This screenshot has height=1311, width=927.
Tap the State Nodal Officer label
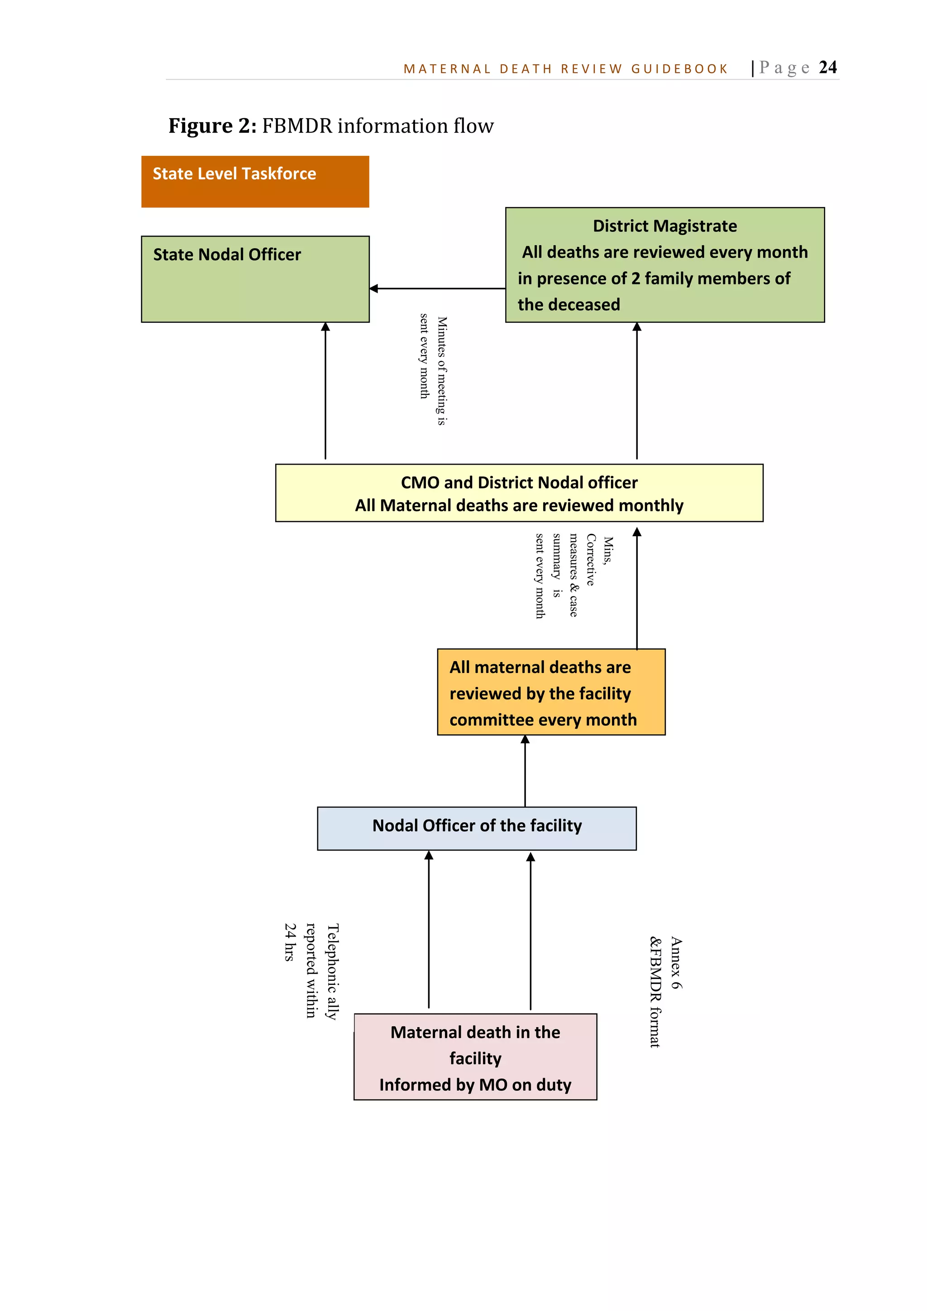(227, 255)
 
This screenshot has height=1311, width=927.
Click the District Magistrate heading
(664, 226)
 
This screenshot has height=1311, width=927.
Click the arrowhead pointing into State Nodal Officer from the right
(374, 289)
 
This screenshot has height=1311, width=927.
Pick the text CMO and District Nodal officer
(519, 482)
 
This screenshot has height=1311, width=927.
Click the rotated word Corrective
(591, 560)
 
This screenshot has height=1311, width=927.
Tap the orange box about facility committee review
(551, 692)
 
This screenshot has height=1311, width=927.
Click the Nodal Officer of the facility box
(477, 828)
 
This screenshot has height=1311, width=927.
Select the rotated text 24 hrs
(290, 942)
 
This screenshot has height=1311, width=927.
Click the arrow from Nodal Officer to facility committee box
(525, 771)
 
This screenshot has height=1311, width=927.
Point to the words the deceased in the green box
(569, 305)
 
